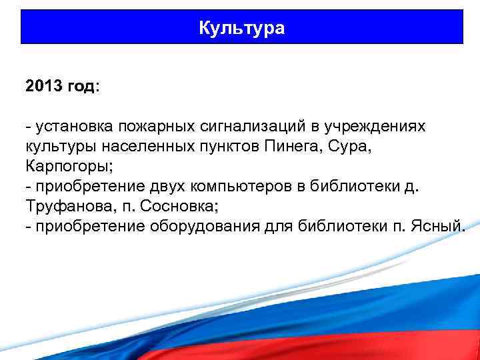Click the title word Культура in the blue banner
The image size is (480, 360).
[241, 28]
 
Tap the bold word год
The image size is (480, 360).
[81, 87]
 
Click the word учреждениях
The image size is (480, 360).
[377, 127]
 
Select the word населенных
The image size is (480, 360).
[139, 147]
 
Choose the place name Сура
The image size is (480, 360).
[351, 147]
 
